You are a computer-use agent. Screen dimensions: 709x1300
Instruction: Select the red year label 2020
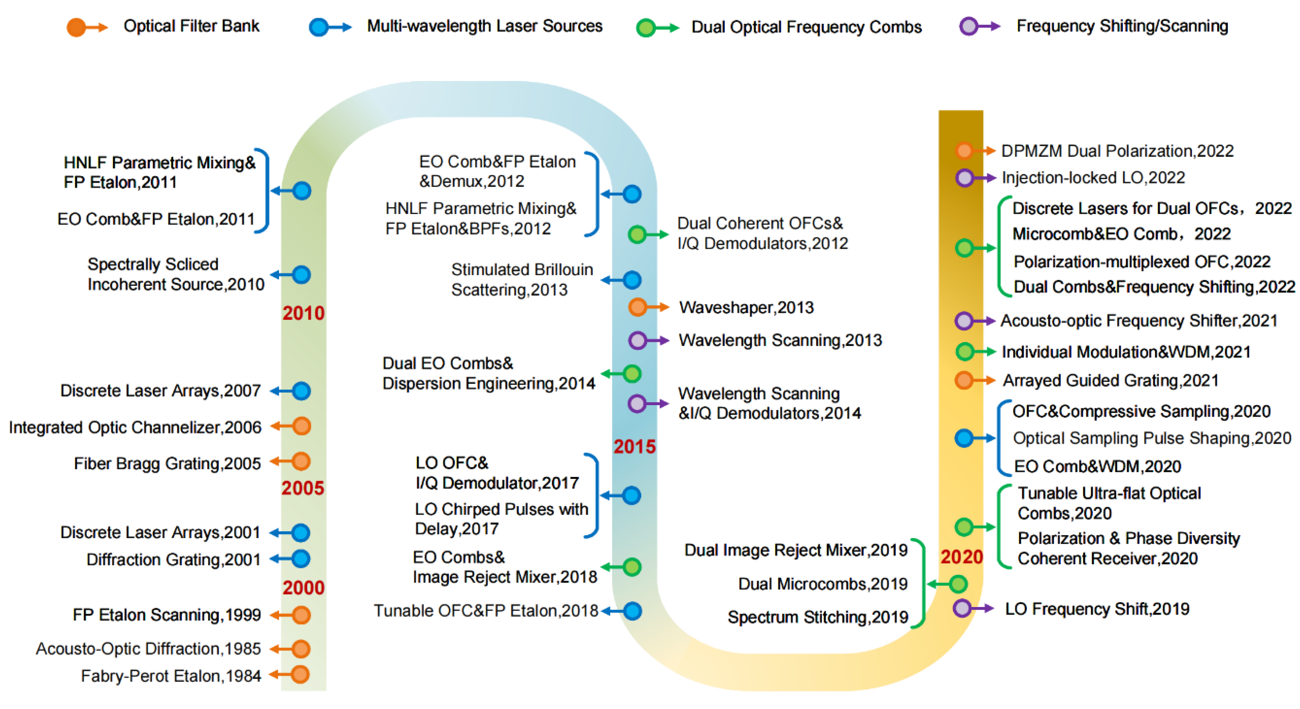(961, 557)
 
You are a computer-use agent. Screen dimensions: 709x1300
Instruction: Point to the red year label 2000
(303, 587)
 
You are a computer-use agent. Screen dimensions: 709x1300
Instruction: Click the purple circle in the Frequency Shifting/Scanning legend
(968, 26)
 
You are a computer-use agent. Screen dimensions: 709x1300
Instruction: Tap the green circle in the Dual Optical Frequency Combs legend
(646, 28)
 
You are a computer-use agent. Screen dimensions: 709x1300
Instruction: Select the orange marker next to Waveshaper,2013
(637, 307)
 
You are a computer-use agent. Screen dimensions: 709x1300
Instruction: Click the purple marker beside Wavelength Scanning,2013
(637, 340)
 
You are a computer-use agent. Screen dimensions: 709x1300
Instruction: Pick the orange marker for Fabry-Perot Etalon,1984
(300, 675)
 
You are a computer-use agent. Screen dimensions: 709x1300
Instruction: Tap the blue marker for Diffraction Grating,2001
(301, 559)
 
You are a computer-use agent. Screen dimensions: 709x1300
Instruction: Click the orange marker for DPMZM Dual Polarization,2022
(964, 150)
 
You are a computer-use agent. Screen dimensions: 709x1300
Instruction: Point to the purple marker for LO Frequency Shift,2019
(962, 608)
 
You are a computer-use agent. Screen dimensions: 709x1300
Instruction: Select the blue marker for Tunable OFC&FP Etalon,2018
(632, 611)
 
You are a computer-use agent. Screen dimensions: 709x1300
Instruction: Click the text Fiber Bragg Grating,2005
(167, 463)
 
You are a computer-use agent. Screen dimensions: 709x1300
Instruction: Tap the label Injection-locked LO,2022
(1093, 178)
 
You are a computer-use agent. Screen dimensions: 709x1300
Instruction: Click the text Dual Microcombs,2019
(823, 584)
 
